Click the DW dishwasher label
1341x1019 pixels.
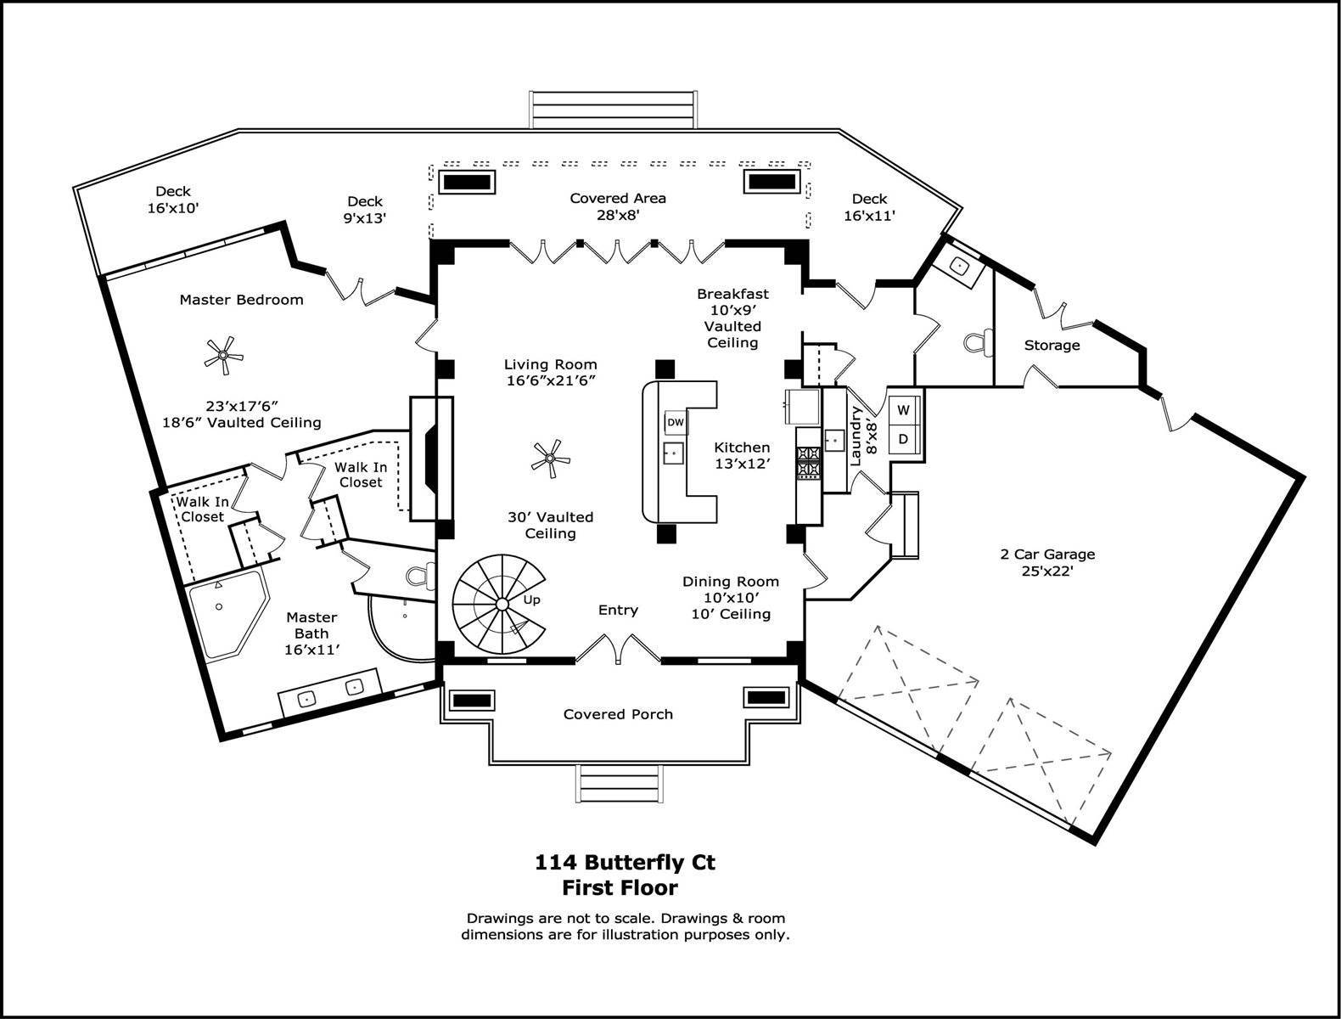click(675, 422)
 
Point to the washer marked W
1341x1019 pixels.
click(903, 411)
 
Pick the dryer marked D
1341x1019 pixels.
click(903, 439)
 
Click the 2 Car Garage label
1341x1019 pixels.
click(1047, 562)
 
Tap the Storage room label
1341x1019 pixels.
click(1052, 345)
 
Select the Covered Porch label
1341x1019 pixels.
click(618, 714)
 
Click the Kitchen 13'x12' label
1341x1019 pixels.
click(742, 455)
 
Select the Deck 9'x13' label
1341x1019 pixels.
click(365, 209)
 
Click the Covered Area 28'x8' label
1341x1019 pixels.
click(618, 206)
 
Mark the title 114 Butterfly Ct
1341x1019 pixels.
click(625, 863)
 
